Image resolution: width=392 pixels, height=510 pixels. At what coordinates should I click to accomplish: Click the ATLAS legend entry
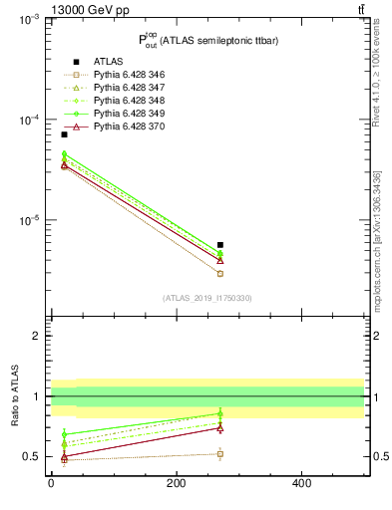(x=108, y=62)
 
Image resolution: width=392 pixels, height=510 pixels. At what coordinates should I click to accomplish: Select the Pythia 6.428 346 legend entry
(x=123, y=75)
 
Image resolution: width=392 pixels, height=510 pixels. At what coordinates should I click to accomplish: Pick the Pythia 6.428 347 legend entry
(x=123, y=88)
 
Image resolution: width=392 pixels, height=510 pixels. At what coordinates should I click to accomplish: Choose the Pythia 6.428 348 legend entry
(x=123, y=101)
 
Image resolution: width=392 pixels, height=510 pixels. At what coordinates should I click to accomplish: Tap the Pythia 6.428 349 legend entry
(x=123, y=114)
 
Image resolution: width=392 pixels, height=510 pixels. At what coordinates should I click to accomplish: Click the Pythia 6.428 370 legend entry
(x=123, y=127)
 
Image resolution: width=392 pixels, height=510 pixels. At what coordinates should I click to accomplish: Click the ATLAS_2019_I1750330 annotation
(x=207, y=298)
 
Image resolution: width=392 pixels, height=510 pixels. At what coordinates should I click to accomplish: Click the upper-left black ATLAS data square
(x=64, y=134)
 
